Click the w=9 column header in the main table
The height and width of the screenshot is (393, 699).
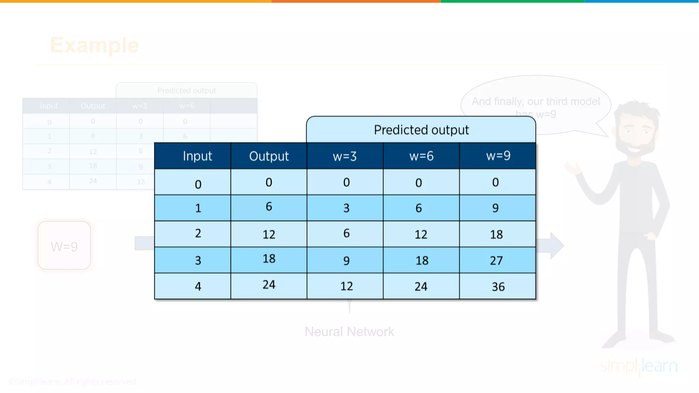point(498,156)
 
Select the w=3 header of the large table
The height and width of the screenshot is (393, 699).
point(345,156)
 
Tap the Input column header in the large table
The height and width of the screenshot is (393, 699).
point(197,156)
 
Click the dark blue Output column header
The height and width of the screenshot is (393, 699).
point(269,156)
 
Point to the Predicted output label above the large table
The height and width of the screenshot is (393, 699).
point(421,130)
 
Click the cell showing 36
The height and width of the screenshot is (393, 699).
point(498,287)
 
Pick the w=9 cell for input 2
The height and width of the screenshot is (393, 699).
point(497,234)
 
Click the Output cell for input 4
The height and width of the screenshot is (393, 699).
point(269,285)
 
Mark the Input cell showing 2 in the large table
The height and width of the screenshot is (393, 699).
point(198,234)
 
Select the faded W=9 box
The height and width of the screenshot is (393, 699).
point(64,246)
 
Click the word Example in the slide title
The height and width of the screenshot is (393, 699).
point(94,45)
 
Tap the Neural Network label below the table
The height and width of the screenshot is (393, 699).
point(349,332)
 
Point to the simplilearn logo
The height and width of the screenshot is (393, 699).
point(639,366)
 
